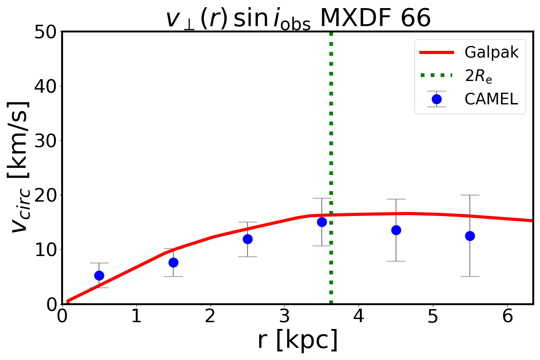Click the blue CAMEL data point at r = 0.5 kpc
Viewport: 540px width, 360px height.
(99, 275)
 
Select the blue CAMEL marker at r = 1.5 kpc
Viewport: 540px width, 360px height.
(173, 262)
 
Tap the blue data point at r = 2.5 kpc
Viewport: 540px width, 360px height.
(247, 239)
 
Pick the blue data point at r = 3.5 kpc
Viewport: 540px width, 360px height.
(322, 222)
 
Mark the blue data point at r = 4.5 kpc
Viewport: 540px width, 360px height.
(396, 230)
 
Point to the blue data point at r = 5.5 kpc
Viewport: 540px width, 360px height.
(470, 236)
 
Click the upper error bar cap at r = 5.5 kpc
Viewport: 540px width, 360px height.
(470, 195)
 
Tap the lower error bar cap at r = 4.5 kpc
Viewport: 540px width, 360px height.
(396, 261)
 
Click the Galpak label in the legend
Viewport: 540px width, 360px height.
(491, 53)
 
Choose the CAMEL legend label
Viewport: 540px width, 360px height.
(491, 99)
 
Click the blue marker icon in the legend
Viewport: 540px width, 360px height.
(436, 99)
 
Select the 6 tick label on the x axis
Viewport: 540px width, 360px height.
(507, 317)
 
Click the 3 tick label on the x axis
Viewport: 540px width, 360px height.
(284, 317)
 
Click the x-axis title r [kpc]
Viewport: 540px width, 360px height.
(297, 341)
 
